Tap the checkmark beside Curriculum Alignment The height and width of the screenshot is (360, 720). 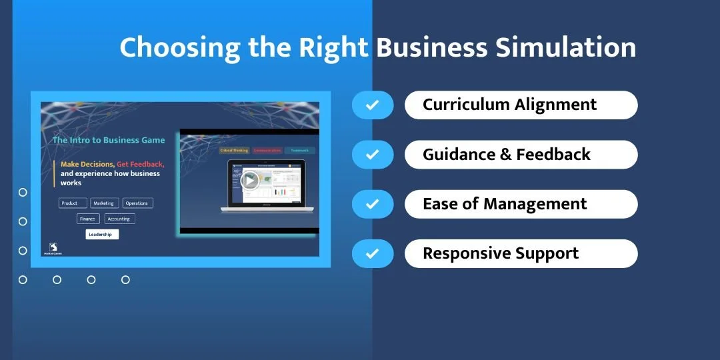pos(372,105)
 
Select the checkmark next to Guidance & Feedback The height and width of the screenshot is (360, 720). pos(372,155)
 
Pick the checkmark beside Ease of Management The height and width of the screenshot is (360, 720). pos(372,204)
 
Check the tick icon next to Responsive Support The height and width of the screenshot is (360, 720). pos(372,253)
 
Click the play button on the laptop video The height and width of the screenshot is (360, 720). pos(250,180)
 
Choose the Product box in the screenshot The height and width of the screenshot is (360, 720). pos(70,203)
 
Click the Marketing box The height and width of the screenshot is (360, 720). pos(104,203)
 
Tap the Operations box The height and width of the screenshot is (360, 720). pos(137,203)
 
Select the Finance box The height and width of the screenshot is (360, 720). pos(88,219)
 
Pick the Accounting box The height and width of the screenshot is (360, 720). pos(119,219)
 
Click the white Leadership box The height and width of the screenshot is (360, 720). pos(102,235)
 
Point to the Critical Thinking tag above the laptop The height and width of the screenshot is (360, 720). pos(233,151)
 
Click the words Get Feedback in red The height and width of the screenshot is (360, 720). pos(140,164)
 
